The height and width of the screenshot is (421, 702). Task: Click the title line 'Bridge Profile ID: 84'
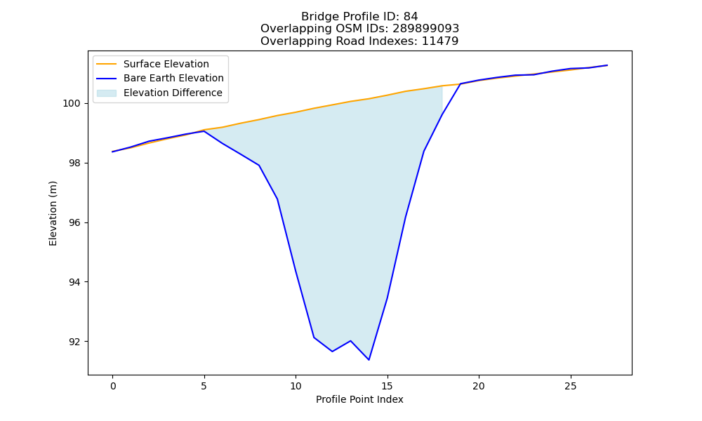coord(359,17)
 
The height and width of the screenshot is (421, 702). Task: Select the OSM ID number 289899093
coord(426,29)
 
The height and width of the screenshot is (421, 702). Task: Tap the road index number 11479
coord(440,41)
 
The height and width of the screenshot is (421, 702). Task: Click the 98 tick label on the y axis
coord(75,163)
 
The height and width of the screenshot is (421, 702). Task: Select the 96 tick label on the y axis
coord(75,223)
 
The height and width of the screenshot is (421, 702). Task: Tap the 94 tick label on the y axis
coord(75,282)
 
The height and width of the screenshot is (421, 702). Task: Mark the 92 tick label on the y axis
coord(75,342)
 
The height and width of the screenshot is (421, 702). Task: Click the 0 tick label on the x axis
coord(113,386)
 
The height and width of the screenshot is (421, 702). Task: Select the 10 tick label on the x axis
coord(296,386)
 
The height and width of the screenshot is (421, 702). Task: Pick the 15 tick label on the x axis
coord(388,386)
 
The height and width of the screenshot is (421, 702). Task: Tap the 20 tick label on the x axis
coord(479,386)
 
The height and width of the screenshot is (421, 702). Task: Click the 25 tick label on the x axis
coord(570,386)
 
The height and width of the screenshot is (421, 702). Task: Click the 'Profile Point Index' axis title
coord(359,399)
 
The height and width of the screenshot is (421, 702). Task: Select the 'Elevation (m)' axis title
coord(53,213)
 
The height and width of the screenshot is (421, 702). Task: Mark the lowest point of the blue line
coord(369,360)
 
